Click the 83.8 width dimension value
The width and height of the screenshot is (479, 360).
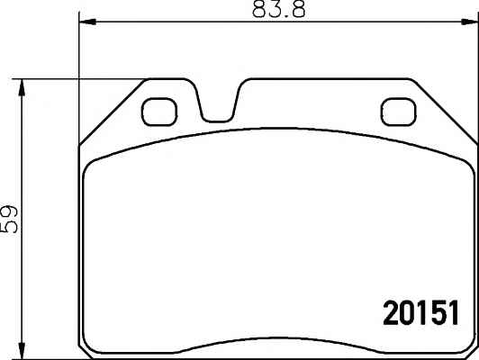coord(278,9)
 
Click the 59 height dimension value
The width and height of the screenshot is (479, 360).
coord(8,220)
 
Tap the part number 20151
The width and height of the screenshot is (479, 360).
coord(421,312)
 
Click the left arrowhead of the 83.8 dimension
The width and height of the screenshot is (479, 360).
coord(87,22)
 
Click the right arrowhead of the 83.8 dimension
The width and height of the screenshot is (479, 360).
coord(470,22)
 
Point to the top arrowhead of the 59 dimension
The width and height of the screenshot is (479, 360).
coord(22,88)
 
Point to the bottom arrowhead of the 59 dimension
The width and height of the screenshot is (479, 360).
coord(22,350)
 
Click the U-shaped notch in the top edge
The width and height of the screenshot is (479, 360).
coord(217,120)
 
